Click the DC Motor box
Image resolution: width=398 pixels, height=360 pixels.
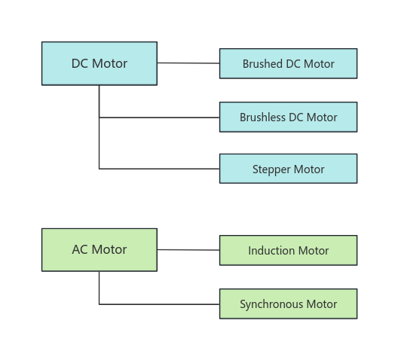coord(99,63)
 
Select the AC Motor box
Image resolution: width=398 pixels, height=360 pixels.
coord(99,250)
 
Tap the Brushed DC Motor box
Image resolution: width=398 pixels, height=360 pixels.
coord(289,63)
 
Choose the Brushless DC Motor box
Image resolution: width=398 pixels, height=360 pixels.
coord(289,117)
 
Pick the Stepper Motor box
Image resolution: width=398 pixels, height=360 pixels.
coord(289,169)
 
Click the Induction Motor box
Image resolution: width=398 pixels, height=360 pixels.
coord(289,251)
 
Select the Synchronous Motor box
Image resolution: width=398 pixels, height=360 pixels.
coord(289,304)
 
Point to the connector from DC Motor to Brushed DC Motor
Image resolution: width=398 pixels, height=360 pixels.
coord(188,63)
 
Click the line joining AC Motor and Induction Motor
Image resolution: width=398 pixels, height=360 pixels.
coord(188,250)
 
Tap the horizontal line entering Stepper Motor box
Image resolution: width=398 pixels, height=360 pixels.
coord(159,169)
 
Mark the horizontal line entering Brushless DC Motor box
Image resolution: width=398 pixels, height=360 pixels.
coord(159,117)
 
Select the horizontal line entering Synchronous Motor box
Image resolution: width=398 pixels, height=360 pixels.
coord(159,304)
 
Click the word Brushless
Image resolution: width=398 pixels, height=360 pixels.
coord(263,117)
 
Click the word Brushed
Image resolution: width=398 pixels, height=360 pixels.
coord(262,63)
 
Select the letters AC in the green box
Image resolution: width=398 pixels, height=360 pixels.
coord(80,250)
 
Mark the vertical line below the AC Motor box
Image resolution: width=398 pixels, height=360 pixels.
coord(99,288)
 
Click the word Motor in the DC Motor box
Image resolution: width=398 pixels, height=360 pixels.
coord(109,63)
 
